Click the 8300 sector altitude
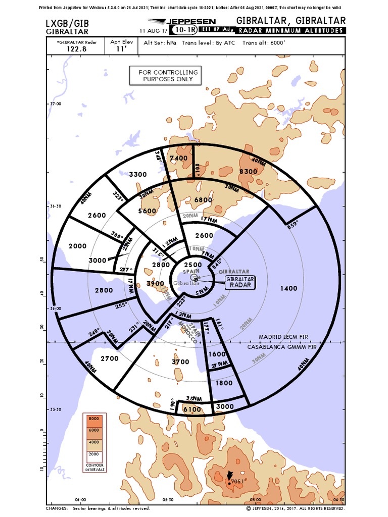click(249, 171)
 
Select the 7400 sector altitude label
click(179, 158)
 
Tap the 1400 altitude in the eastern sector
click(289, 288)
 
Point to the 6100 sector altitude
click(192, 409)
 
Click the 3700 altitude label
click(180, 361)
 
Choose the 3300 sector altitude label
click(138, 175)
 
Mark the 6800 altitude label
click(204, 199)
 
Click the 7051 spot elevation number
click(238, 481)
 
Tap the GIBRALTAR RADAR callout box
click(240, 282)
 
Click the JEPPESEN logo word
click(195, 22)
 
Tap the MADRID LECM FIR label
click(282, 337)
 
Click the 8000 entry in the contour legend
click(93, 419)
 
